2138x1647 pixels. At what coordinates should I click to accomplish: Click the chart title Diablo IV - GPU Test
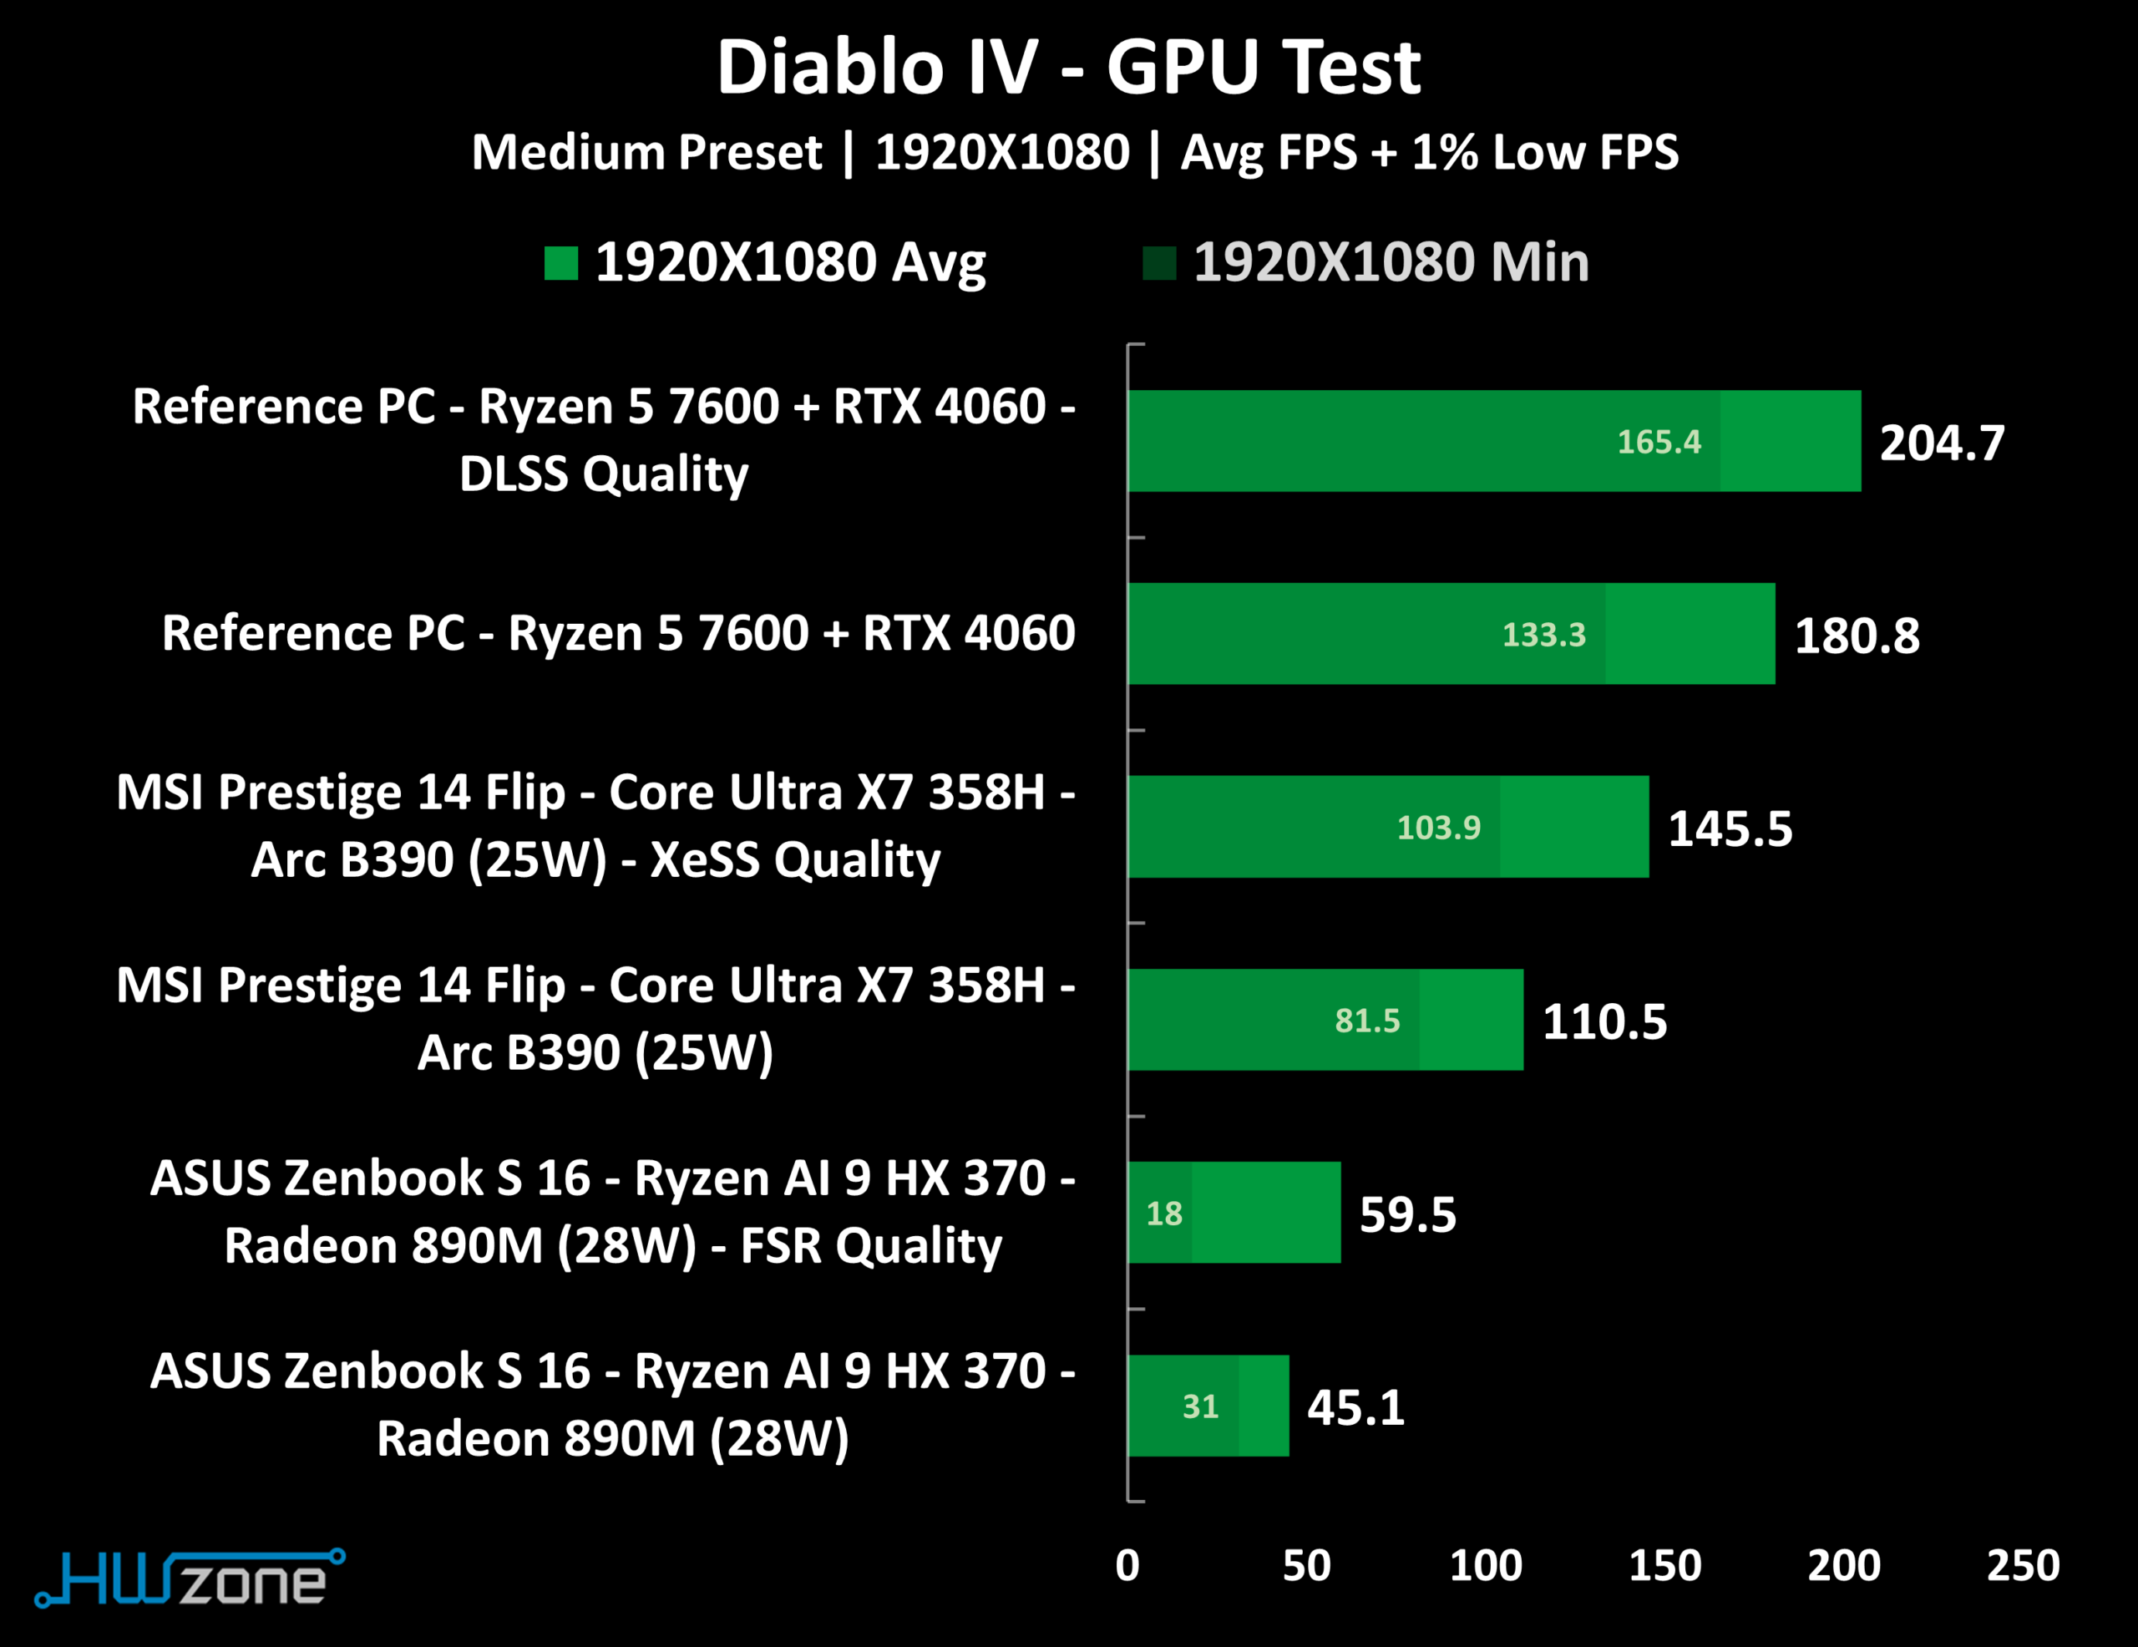tap(1068, 68)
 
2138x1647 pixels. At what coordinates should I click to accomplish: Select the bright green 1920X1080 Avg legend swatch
tap(561, 262)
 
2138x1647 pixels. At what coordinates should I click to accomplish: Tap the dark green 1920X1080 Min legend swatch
tap(1159, 262)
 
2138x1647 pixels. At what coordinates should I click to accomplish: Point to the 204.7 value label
tap(1941, 443)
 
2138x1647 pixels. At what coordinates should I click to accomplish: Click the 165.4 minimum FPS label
tap(1659, 442)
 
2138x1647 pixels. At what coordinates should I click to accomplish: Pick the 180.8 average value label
tap(1856, 636)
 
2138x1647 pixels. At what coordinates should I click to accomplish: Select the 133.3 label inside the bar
tap(1543, 635)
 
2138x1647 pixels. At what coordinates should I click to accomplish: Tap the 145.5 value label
tap(1730, 829)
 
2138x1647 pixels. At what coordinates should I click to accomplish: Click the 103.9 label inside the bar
tap(1438, 828)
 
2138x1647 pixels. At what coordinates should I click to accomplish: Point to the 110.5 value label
tap(1604, 1021)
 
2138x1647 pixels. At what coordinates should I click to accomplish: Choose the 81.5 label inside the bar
tap(1366, 1021)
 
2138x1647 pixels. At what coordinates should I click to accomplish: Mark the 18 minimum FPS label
tap(1164, 1214)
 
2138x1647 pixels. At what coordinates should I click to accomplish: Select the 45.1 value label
tap(1355, 1407)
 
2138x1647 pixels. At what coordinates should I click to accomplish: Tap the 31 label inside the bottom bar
tap(1200, 1406)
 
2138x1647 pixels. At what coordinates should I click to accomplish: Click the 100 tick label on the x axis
tap(1485, 1566)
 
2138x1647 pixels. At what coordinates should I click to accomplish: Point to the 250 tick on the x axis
tap(2023, 1566)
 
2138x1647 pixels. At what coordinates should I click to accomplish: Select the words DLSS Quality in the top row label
tap(603, 474)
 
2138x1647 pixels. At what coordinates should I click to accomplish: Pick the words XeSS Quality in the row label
tap(795, 859)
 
